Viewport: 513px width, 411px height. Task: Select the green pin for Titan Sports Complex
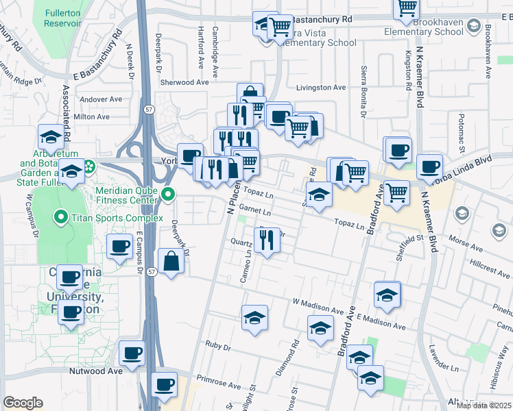tap(60, 219)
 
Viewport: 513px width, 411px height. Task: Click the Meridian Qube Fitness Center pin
tap(169, 195)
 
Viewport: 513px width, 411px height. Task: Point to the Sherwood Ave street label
tap(184, 82)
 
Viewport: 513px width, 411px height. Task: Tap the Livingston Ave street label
tap(321, 88)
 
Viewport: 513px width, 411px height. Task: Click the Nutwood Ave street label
tap(95, 371)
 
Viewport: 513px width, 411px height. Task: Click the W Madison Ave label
tap(317, 301)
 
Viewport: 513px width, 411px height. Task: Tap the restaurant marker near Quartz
tap(266, 239)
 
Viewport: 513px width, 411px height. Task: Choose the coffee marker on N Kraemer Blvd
tap(430, 166)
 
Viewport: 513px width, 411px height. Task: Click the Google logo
tap(23, 403)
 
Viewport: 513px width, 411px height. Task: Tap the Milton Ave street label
tap(92, 117)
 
